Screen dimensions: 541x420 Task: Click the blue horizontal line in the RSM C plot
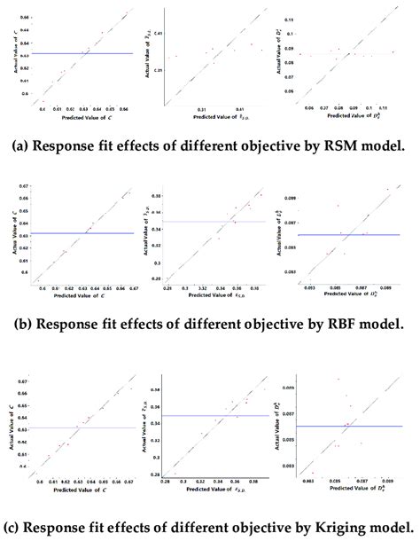80,53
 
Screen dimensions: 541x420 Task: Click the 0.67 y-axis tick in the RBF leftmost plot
24,187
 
